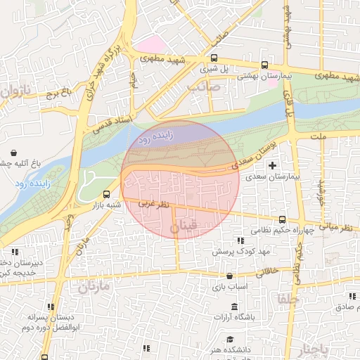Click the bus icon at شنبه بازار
pyautogui.click(x=107, y=193)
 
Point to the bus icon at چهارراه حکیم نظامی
pyautogui.click(x=283, y=219)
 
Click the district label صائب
pyautogui.click(x=204, y=87)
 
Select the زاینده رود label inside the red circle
pyautogui.click(x=153, y=140)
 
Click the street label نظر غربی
pyautogui.click(x=153, y=204)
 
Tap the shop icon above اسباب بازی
pyautogui.click(x=230, y=276)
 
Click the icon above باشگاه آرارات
pyautogui.click(x=234, y=307)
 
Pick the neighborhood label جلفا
pyautogui.click(x=289, y=298)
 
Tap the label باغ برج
pyautogui.click(x=59, y=92)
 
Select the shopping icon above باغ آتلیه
pyautogui.click(x=15, y=152)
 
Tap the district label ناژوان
pyautogui.click(x=15, y=91)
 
